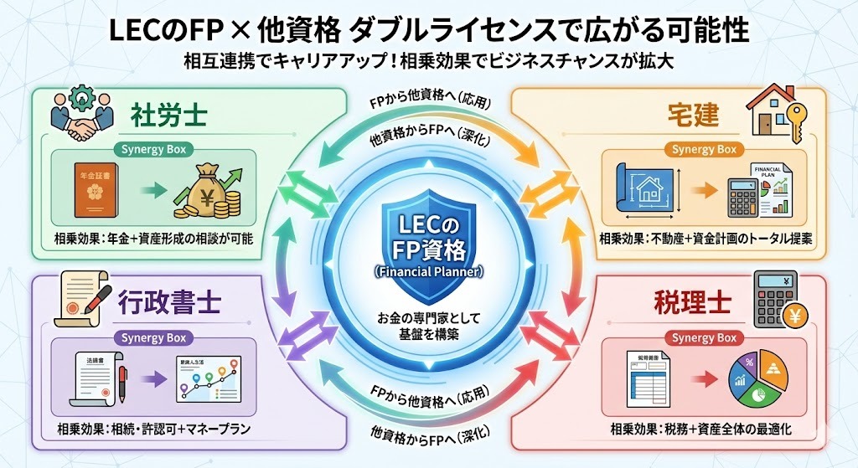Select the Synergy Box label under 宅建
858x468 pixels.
pos(704,150)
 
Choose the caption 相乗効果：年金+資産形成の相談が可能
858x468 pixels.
pos(155,239)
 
